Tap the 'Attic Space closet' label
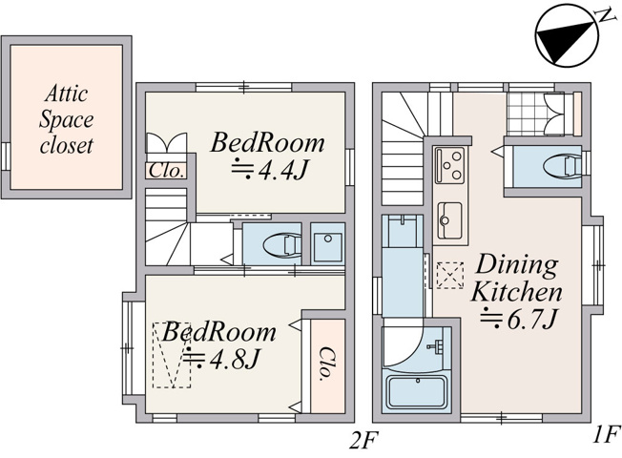(66, 119)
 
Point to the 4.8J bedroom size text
(221, 359)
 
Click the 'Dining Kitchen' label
(516, 279)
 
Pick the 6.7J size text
(519, 319)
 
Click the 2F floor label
(363, 441)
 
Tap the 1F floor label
(607, 434)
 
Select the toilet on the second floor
(282, 244)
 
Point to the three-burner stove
(449, 165)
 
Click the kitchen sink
(449, 219)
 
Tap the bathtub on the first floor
(416, 392)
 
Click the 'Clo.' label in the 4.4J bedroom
(167, 171)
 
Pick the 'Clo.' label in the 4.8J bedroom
(327, 364)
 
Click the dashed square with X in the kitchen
(450, 275)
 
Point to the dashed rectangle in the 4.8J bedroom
(172, 355)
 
